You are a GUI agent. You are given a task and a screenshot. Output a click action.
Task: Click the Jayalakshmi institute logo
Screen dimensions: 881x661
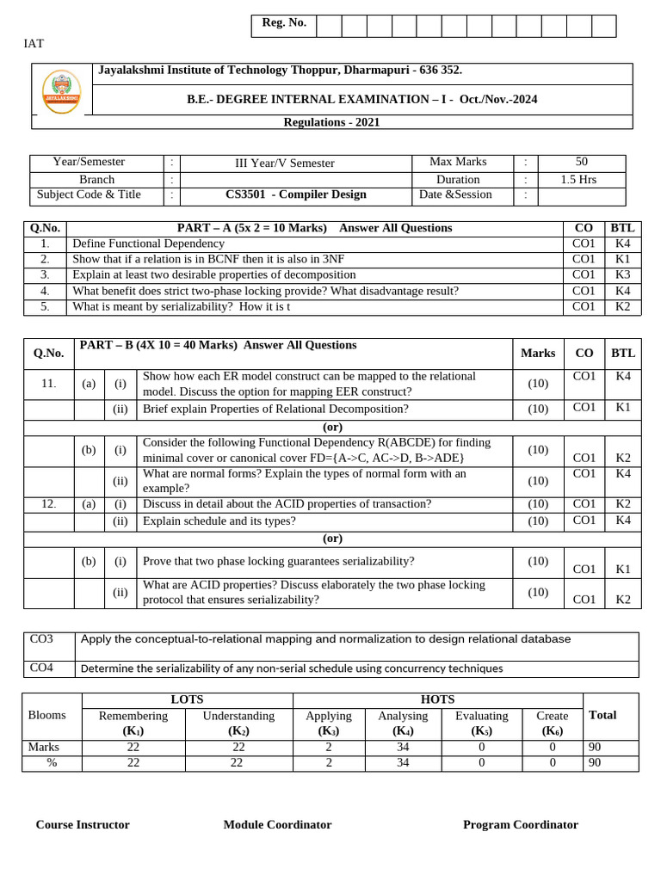62,91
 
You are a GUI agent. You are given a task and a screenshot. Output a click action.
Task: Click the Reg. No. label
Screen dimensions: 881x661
284,23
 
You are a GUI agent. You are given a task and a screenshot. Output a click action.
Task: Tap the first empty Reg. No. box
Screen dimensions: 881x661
329,26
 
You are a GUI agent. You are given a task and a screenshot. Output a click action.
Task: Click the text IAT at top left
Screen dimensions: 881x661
33,44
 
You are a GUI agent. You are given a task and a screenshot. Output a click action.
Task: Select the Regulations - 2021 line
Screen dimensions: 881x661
331,122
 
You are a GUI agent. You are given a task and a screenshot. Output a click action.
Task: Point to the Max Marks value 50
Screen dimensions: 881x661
582,162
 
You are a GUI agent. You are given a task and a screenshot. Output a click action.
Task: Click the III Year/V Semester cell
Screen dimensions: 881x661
285,163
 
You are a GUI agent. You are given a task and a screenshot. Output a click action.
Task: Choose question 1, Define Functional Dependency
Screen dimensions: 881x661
148,243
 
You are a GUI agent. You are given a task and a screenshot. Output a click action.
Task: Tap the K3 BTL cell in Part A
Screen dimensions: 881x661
622,274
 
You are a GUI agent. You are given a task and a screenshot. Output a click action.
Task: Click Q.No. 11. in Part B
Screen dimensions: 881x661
49,384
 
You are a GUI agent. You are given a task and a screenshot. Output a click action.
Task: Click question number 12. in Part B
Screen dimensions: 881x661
49,504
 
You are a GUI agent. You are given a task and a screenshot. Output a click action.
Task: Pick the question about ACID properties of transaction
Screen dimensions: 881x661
287,504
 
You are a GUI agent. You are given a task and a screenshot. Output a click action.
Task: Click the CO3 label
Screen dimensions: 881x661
41,639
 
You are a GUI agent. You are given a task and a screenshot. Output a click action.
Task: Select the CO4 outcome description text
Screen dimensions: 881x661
291,668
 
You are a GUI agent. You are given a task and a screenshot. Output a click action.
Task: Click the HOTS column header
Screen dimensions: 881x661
437,699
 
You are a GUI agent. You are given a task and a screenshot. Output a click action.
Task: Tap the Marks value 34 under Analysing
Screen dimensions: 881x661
402,747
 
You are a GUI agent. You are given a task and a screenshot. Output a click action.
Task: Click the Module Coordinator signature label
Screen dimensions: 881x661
277,824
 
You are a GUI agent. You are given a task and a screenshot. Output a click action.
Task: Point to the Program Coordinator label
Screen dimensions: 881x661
520,824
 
